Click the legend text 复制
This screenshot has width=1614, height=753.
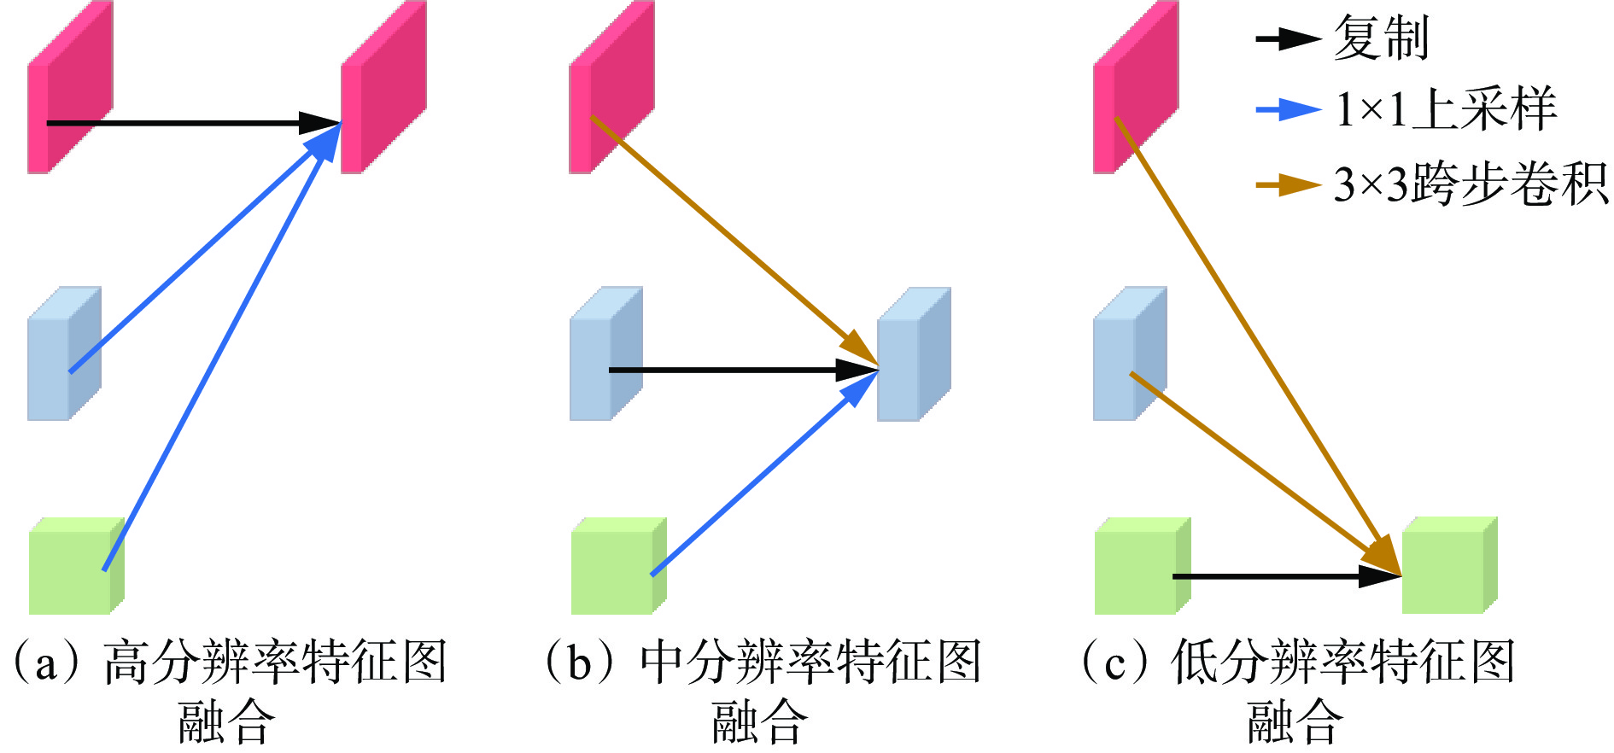point(1381,38)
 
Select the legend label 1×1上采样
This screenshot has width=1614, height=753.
point(1446,110)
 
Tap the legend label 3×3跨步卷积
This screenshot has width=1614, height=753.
point(1471,184)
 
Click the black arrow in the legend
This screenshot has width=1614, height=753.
point(1287,38)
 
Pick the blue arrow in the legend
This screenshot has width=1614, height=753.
point(1287,110)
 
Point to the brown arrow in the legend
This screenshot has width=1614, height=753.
point(1287,184)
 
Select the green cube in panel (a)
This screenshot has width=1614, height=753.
point(75,567)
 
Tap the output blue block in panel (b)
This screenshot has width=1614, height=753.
point(914,354)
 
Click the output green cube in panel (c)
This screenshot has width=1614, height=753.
point(1449,565)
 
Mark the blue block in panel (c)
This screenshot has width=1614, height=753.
point(1129,354)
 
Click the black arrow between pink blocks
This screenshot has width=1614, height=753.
point(188,123)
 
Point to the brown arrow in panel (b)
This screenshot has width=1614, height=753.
point(734,242)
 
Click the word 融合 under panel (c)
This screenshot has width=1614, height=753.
point(1295,722)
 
